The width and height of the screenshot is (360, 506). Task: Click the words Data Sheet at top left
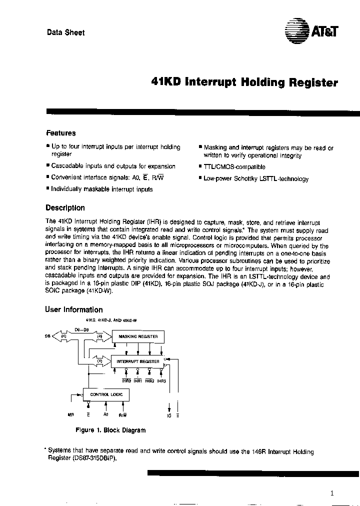coord(65,32)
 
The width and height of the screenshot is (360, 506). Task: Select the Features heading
coord(61,133)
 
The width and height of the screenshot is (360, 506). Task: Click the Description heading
coord(65,208)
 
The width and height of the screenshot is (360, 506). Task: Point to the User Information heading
coord(74,309)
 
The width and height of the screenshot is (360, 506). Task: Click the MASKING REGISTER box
coord(138,337)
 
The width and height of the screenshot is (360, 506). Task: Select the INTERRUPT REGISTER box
coord(138,361)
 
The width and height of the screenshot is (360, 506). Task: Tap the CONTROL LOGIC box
coord(105,394)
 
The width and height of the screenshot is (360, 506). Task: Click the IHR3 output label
coord(161,381)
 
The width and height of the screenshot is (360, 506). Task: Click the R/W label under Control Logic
coord(122,414)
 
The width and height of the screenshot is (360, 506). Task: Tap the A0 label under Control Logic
coord(105,414)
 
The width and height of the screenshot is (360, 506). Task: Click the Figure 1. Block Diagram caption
coord(110,430)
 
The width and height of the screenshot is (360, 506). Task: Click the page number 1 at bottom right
coord(331,493)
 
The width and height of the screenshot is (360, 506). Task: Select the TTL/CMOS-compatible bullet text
coord(234,167)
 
